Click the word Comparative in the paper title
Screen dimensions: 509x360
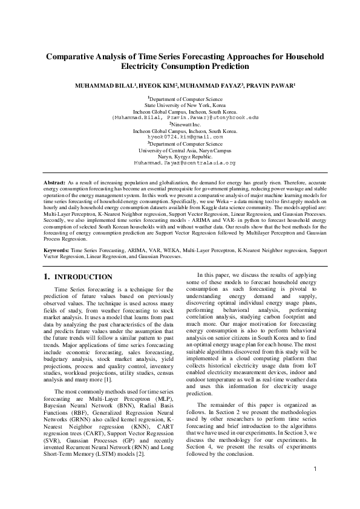(72, 56)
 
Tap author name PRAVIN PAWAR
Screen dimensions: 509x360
(272, 87)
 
